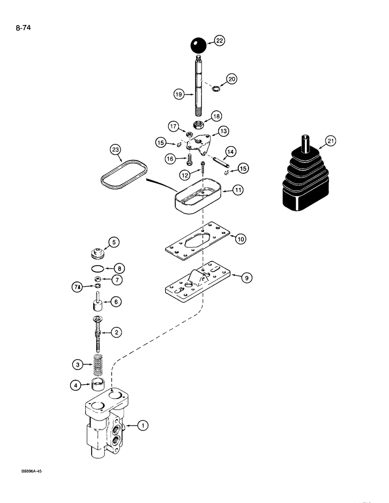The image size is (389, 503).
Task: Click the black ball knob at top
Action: [x=198, y=46]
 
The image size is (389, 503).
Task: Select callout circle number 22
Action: [x=220, y=42]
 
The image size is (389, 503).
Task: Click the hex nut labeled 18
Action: [x=198, y=137]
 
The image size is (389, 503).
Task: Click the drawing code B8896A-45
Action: [x=35, y=473]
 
